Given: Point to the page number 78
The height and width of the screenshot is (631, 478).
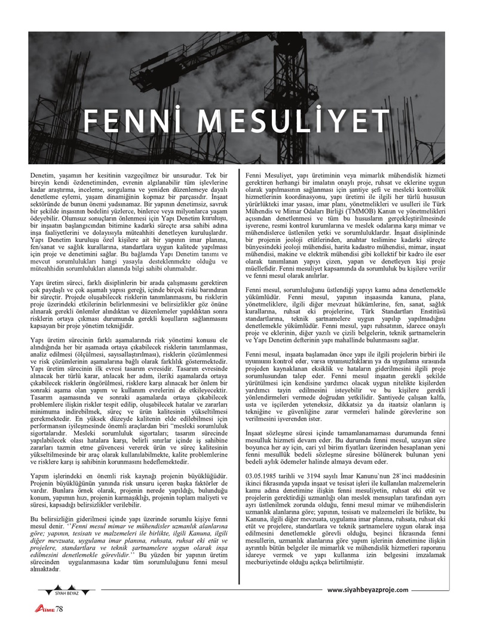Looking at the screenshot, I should click(x=59, y=609).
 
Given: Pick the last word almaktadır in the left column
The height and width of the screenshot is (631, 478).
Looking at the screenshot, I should click(x=45, y=570).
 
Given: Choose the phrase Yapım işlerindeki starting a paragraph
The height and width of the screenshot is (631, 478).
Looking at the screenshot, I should click(x=56, y=475).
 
